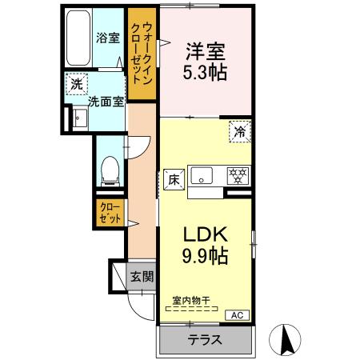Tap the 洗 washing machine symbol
click(76, 84)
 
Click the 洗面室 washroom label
click(105, 102)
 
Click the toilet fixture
click(111, 169)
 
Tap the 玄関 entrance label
click(142, 278)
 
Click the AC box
click(238, 314)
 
